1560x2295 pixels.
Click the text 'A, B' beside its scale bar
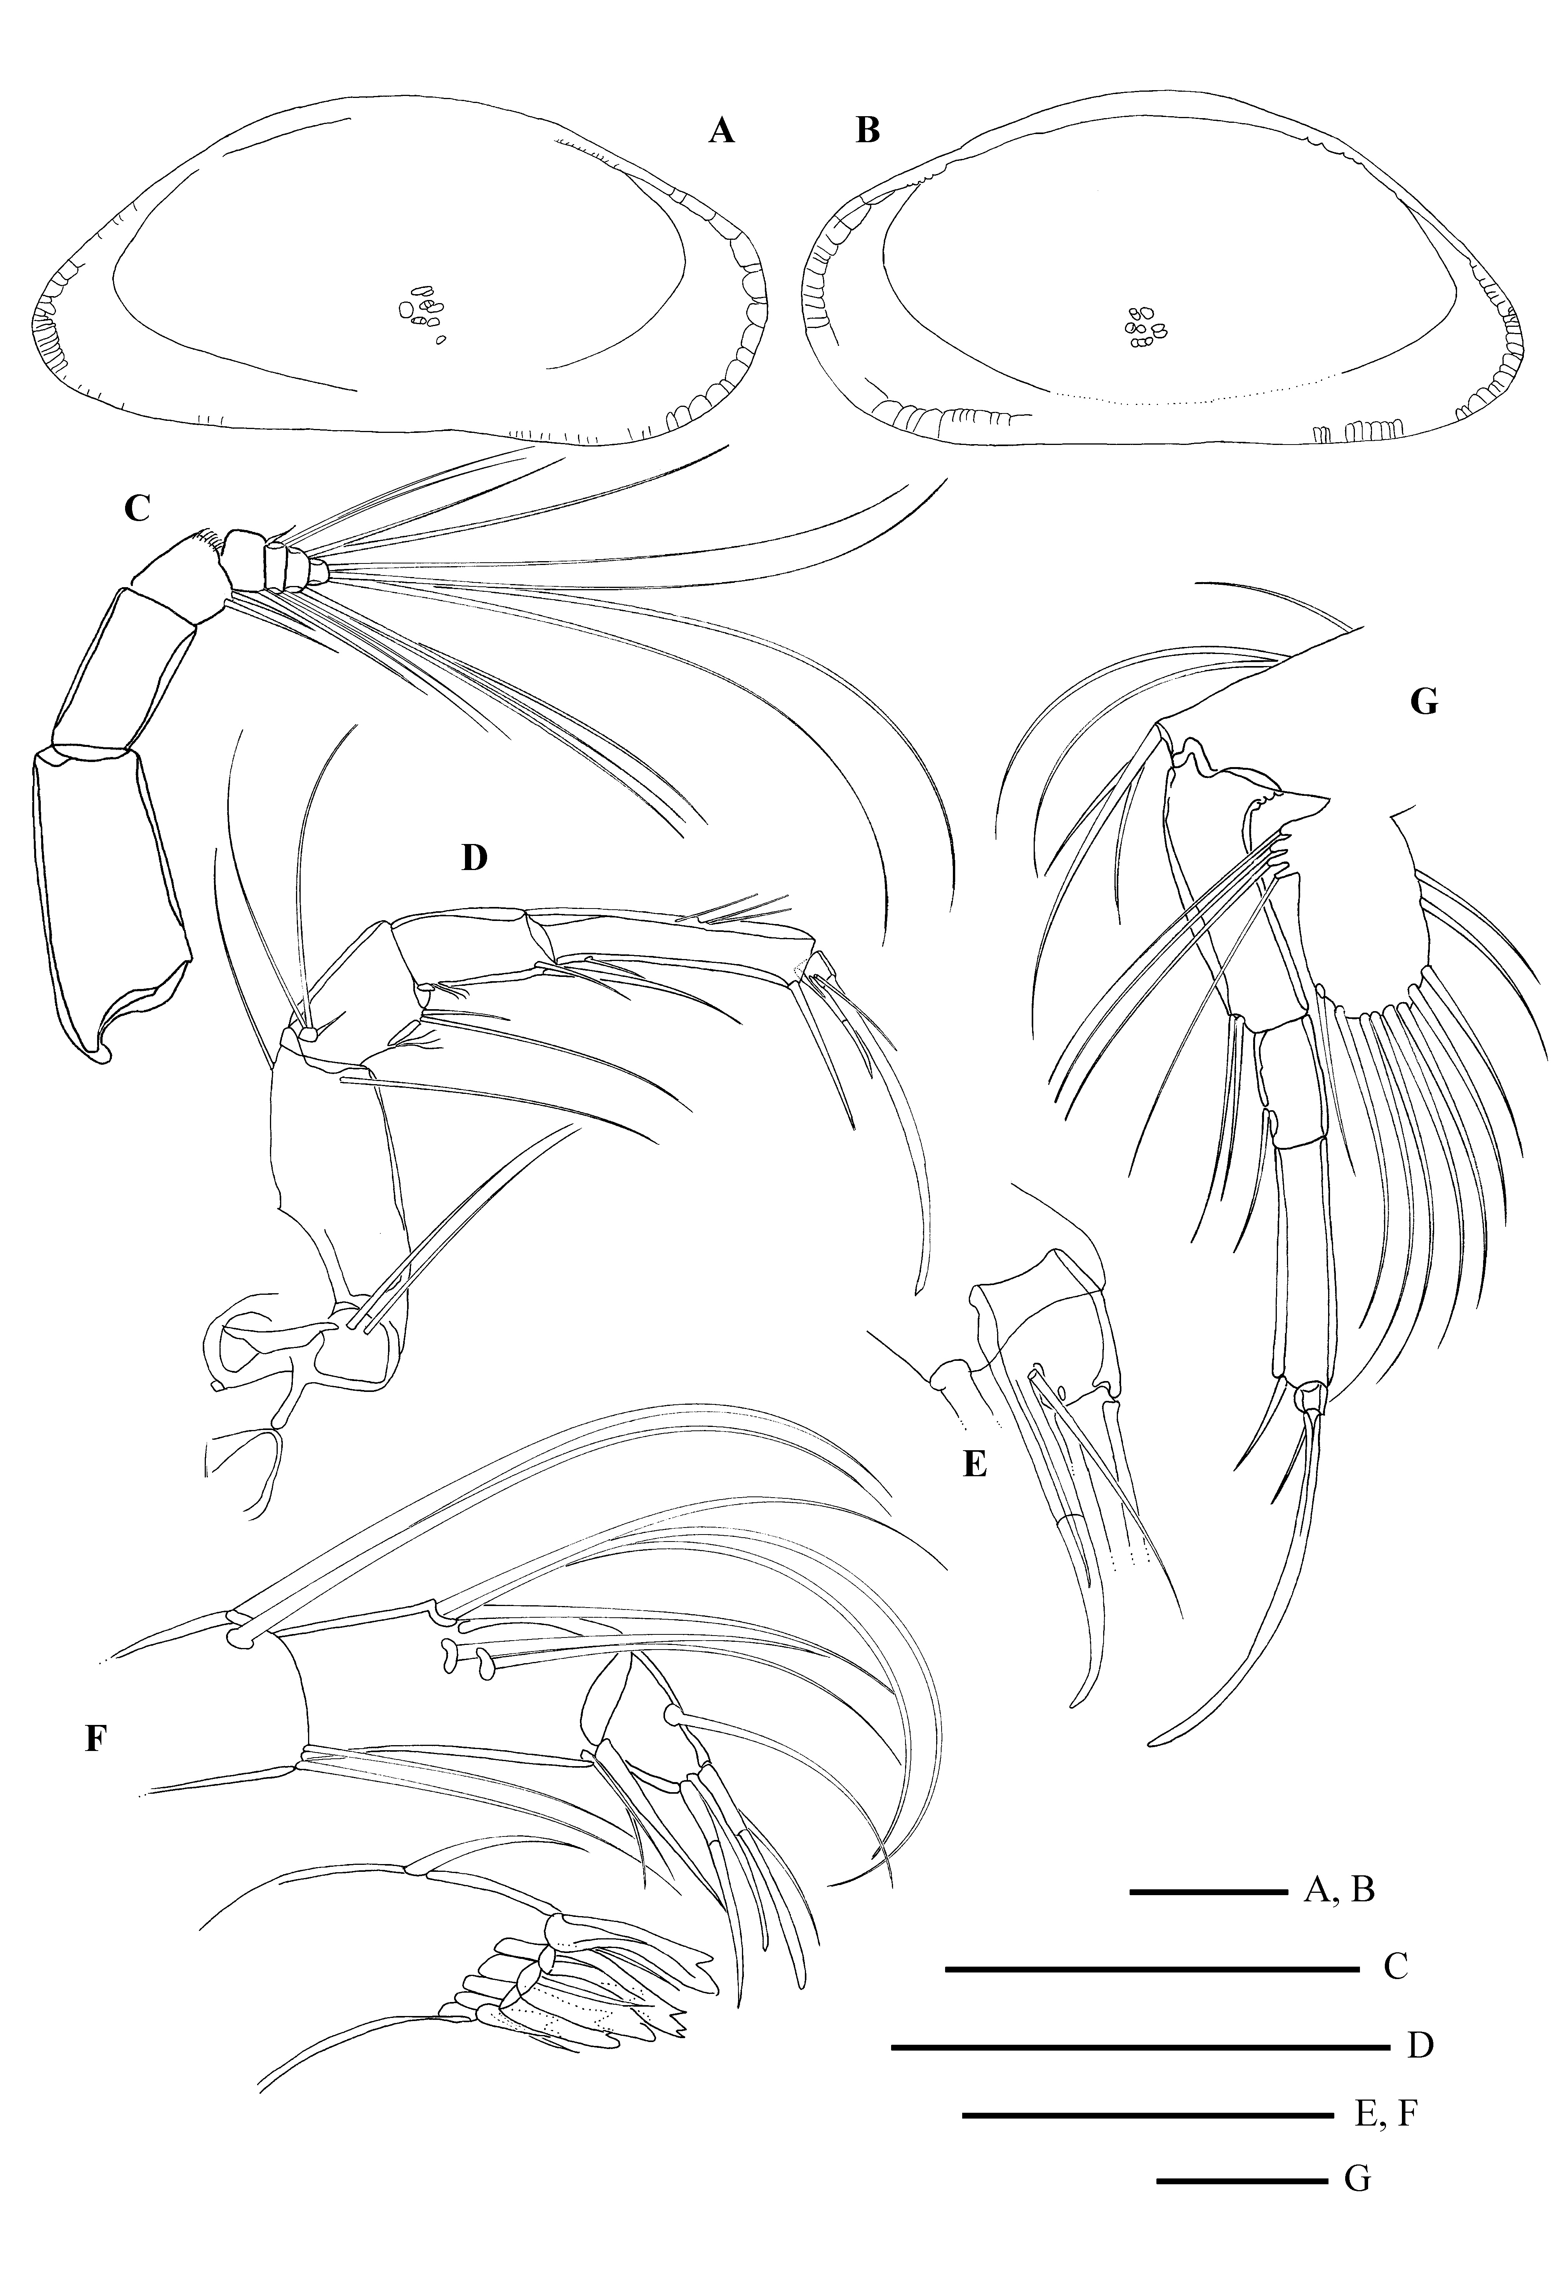[x=1340, y=1891]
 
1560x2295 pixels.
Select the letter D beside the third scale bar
[x=1420, y=2045]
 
